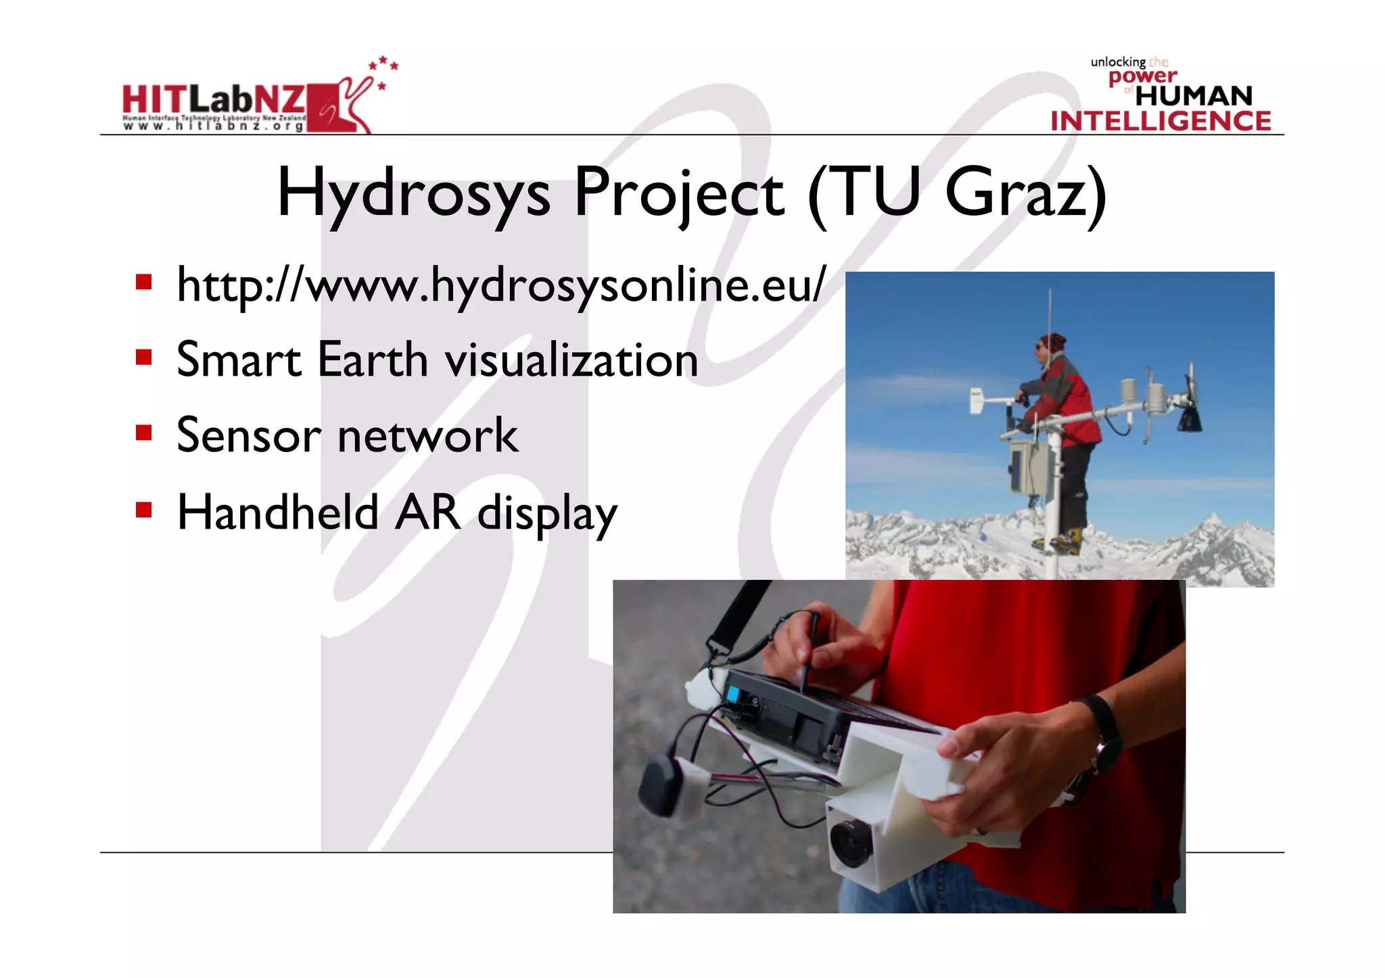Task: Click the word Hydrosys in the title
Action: click(413, 194)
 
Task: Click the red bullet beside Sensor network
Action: click(143, 433)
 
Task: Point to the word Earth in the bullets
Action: click(372, 360)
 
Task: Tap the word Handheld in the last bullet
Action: click(277, 512)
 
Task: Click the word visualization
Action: click(571, 360)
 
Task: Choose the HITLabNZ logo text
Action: click(214, 100)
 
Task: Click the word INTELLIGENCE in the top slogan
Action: click(1160, 121)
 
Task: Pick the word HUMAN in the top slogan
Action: click(1194, 96)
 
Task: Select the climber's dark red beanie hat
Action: click(1052, 341)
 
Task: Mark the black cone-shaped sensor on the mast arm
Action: click(1189, 419)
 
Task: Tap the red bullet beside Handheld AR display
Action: click(143, 509)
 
